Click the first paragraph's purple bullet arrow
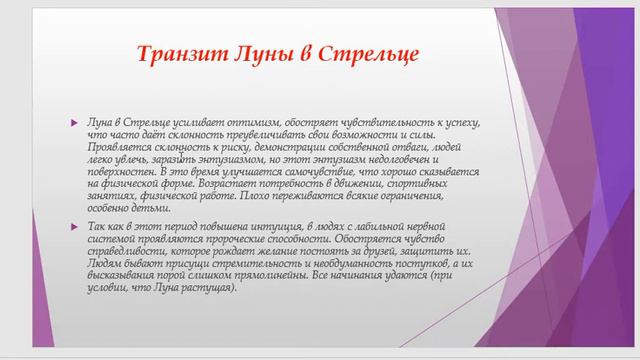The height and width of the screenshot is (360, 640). tap(73, 121)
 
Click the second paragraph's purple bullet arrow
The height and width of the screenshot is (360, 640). tap(73, 228)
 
